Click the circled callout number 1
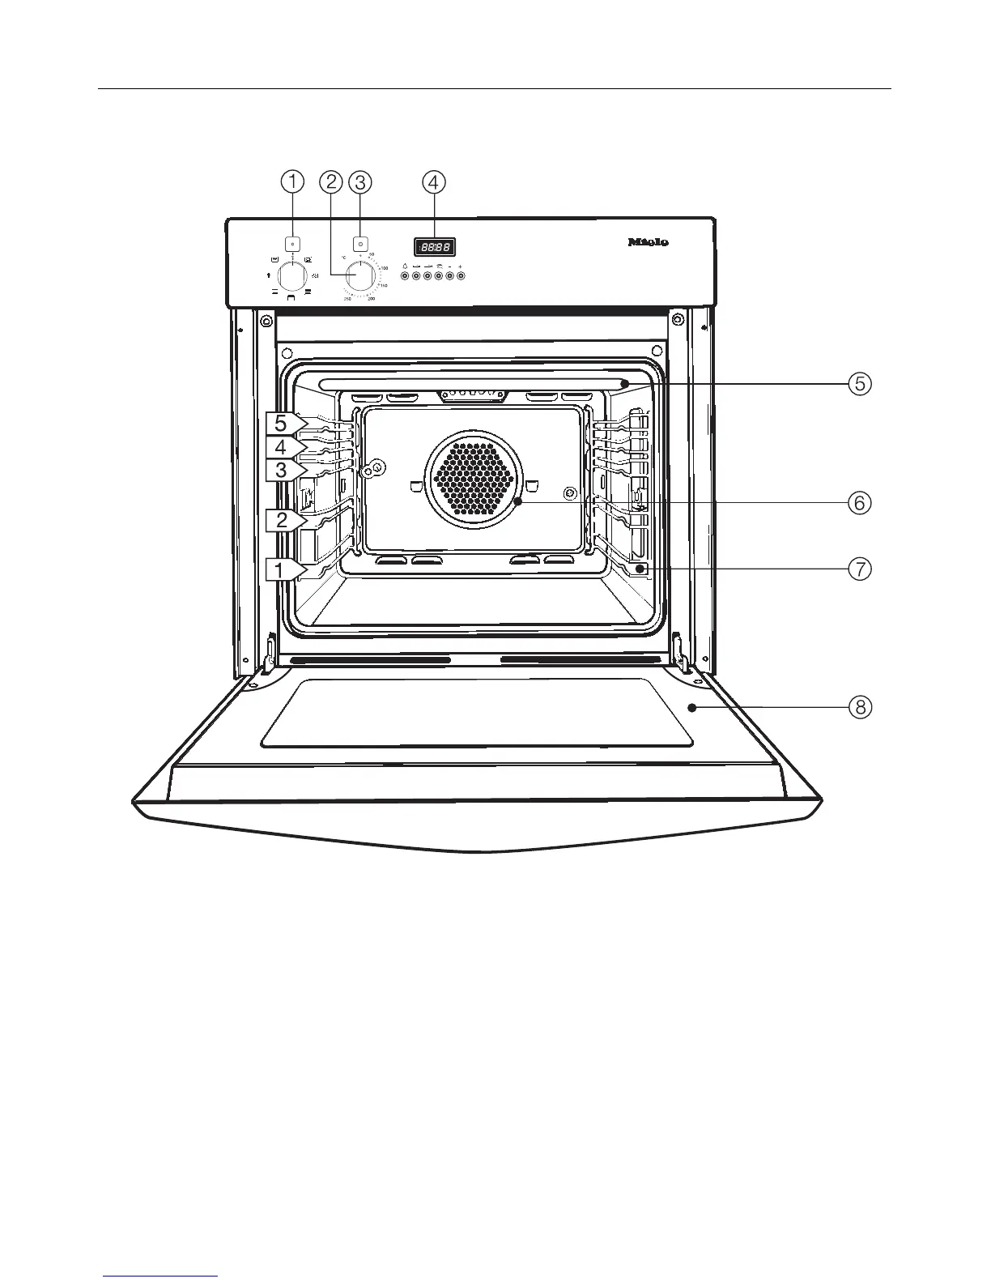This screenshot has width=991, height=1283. pyautogui.click(x=293, y=182)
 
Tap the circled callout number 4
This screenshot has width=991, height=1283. pyautogui.click(x=434, y=182)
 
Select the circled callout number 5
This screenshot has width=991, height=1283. pyautogui.click(x=860, y=383)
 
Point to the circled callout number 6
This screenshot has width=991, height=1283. pyautogui.click(x=860, y=503)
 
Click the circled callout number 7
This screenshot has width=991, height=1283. pyautogui.click(x=860, y=569)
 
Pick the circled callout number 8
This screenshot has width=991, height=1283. pyautogui.click(x=860, y=707)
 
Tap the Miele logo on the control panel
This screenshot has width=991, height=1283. pyautogui.click(x=649, y=241)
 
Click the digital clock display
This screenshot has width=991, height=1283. pyautogui.click(x=434, y=246)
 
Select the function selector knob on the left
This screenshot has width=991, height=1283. pyautogui.click(x=292, y=276)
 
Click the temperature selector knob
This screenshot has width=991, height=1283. pyautogui.click(x=360, y=275)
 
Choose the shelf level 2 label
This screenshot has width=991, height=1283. pyautogui.click(x=283, y=520)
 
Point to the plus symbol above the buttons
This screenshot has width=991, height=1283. pyautogui.click(x=461, y=266)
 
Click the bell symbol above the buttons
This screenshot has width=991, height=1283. pyautogui.click(x=405, y=266)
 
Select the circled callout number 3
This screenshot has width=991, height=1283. pyautogui.click(x=360, y=182)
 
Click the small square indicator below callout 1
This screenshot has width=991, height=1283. pyautogui.click(x=293, y=242)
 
